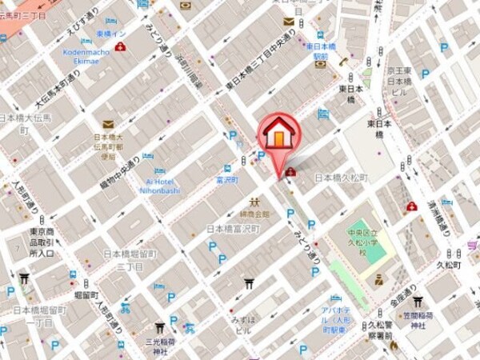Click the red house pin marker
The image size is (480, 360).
(x=277, y=134)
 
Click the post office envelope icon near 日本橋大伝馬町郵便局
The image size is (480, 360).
(x=108, y=124)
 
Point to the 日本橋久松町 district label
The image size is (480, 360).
(x=341, y=178)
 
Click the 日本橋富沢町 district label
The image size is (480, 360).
(x=234, y=230)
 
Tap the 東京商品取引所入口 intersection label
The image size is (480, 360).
(x=42, y=242)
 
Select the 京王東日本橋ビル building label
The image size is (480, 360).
(x=398, y=82)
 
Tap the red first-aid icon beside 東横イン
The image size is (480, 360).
(x=120, y=47)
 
